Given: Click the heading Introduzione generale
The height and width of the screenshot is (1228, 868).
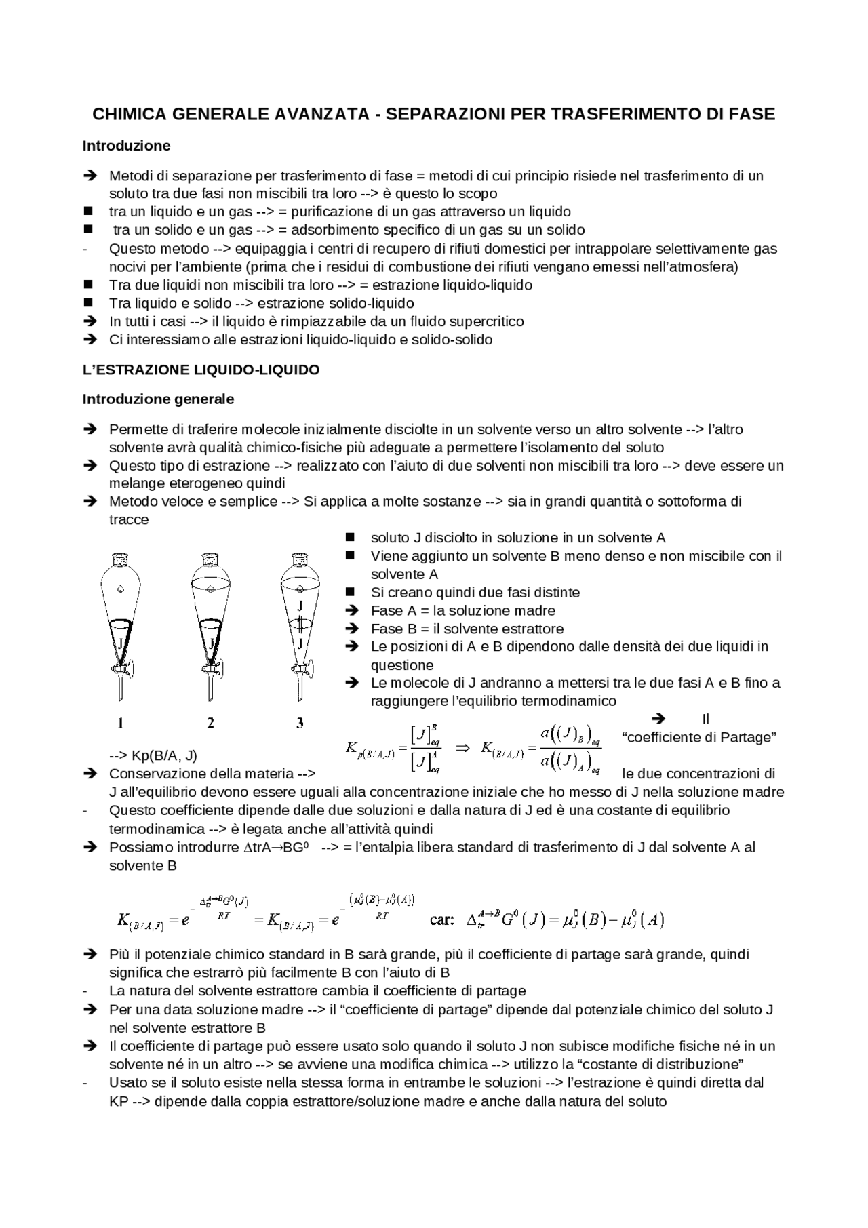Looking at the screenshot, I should pyautogui.click(x=158, y=399).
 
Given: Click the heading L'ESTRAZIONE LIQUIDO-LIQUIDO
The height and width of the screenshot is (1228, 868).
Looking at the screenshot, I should pyautogui.click(x=201, y=370).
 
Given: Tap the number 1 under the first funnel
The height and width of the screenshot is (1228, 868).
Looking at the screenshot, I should pyautogui.click(x=120, y=724).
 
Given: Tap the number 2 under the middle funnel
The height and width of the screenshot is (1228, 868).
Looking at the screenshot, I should pyautogui.click(x=210, y=724).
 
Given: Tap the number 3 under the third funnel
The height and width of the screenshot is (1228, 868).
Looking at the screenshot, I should pyautogui.click(x=300, y=724).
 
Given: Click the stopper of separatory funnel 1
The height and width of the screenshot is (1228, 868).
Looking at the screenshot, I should pyautogui.click(x=120, y=560).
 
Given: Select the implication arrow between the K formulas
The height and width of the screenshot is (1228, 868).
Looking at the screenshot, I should pyautogui.click(x=462, y=749).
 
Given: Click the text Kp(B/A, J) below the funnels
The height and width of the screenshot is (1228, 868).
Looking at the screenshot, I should pyautogui.click(x=153, y=756).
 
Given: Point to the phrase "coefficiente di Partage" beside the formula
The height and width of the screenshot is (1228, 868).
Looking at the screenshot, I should pyautogui.click(x=698, y=737).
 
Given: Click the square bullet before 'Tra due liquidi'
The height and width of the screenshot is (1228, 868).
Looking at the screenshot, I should pyautogui.click(x=88, y=285).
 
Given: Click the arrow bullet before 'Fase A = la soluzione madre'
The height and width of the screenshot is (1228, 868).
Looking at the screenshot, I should pyautogui.click(x=351, y=610).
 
